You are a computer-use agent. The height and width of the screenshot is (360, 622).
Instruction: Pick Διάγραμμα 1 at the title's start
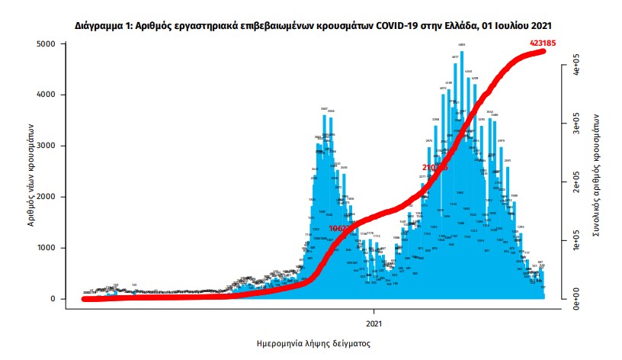click(x=104, y=25)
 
